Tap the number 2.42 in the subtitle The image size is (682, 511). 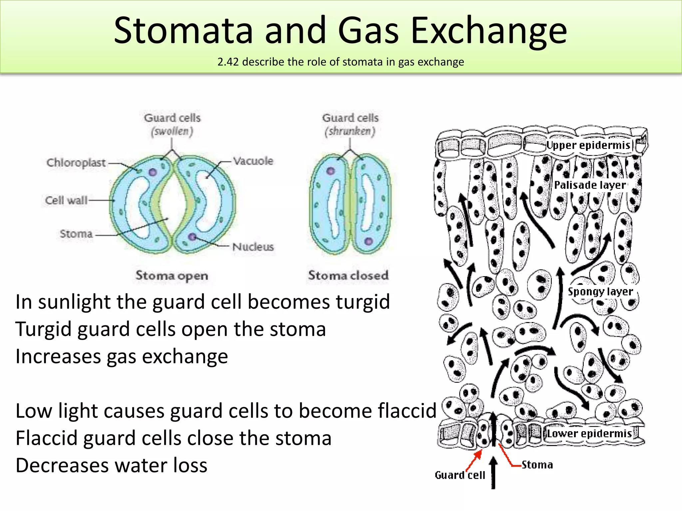(228, 62)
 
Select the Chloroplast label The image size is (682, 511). (76, 163)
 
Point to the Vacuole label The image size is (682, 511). (253, 161)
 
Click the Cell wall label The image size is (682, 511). (66, 200)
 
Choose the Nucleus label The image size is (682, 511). (253, 247)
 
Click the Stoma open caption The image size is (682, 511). (171, 275)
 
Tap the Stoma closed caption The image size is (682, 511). (348, 275)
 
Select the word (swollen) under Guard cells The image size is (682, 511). (172, 131)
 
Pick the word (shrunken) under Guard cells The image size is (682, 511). (350, 131)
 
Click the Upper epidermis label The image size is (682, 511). (588, 145)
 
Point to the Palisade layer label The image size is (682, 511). (590, 185)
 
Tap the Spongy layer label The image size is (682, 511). (600, 291)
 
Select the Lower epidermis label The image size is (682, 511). (589, 433)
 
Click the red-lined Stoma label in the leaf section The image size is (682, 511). (537, 465)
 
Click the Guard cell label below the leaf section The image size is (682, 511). (460, 475)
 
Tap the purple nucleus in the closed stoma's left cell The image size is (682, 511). (330, 171)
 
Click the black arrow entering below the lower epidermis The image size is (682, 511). (493, 472)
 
